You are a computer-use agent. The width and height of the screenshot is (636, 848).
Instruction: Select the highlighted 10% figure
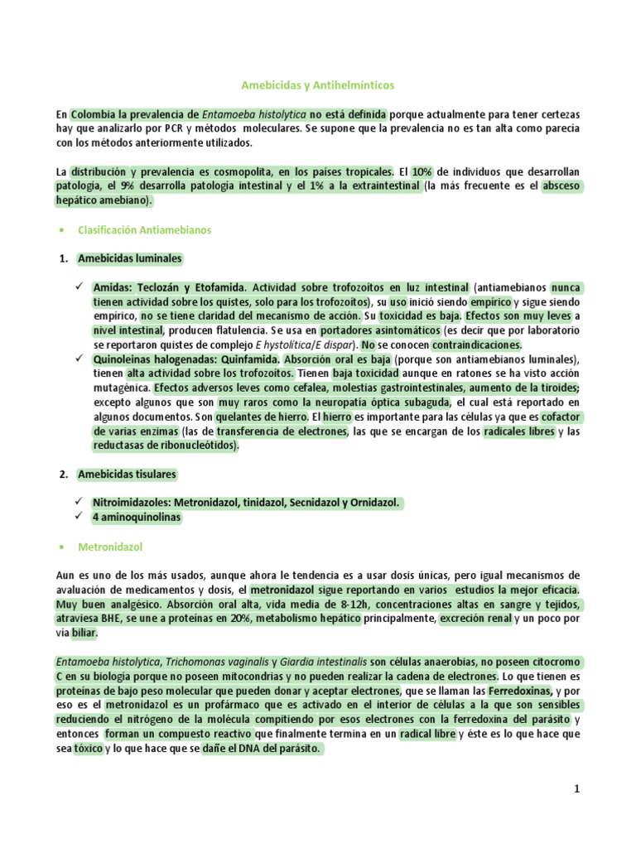pyautogui.click(x=427, y=171)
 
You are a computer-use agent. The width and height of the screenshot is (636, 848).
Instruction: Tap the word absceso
pyautogui.click(x=562, y=186)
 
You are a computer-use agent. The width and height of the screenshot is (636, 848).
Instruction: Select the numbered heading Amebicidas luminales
pyautogui.click(x=129, y=258)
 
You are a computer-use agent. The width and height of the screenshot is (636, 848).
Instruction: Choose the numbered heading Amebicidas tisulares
pyautogui.click(x=127, y=475)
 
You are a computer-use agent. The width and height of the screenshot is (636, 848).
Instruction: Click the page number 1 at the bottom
pyautogui.click(x=577, y=790)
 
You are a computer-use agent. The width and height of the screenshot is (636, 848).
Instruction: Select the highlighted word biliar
pyautogui.click(x=84, y=633)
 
